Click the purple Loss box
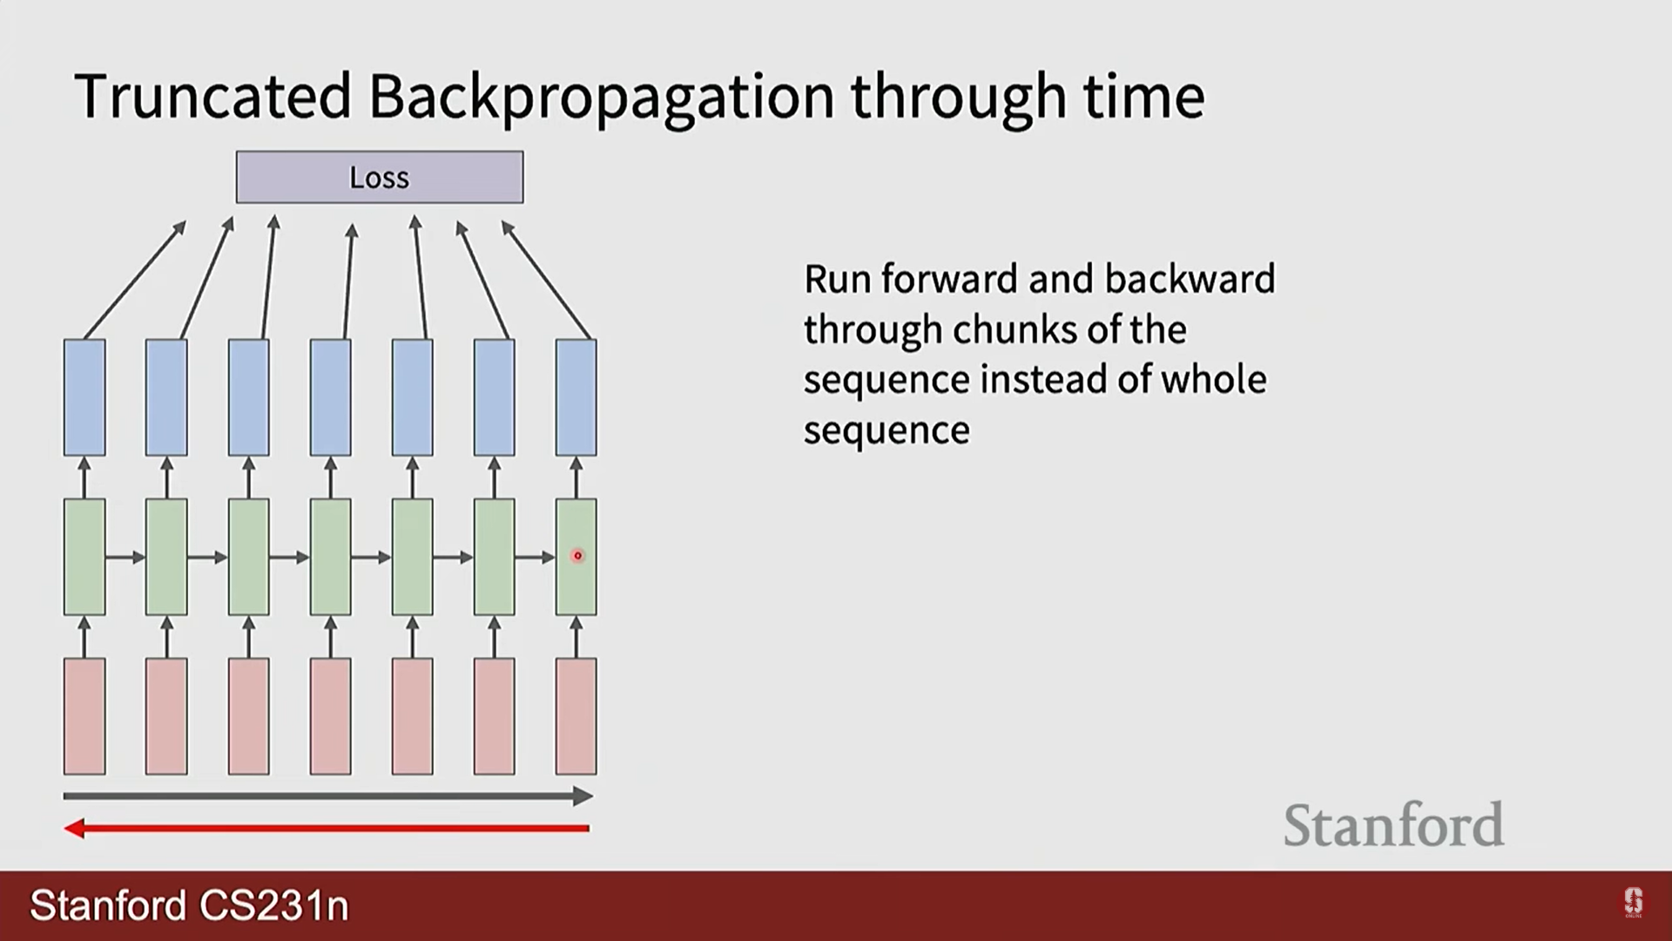click(380, 177)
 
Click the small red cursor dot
click(577, 556)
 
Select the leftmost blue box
click(84, 397)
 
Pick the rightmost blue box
click(576, 397)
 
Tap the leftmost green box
click(84, 557)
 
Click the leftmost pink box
click(84, 716)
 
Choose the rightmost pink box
click(576, 716)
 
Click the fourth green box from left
click(331, 557)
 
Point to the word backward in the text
click(1190, 280)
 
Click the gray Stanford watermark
click(1393, 825)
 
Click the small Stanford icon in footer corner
click(1633, 903)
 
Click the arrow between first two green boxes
click(125, 557)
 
